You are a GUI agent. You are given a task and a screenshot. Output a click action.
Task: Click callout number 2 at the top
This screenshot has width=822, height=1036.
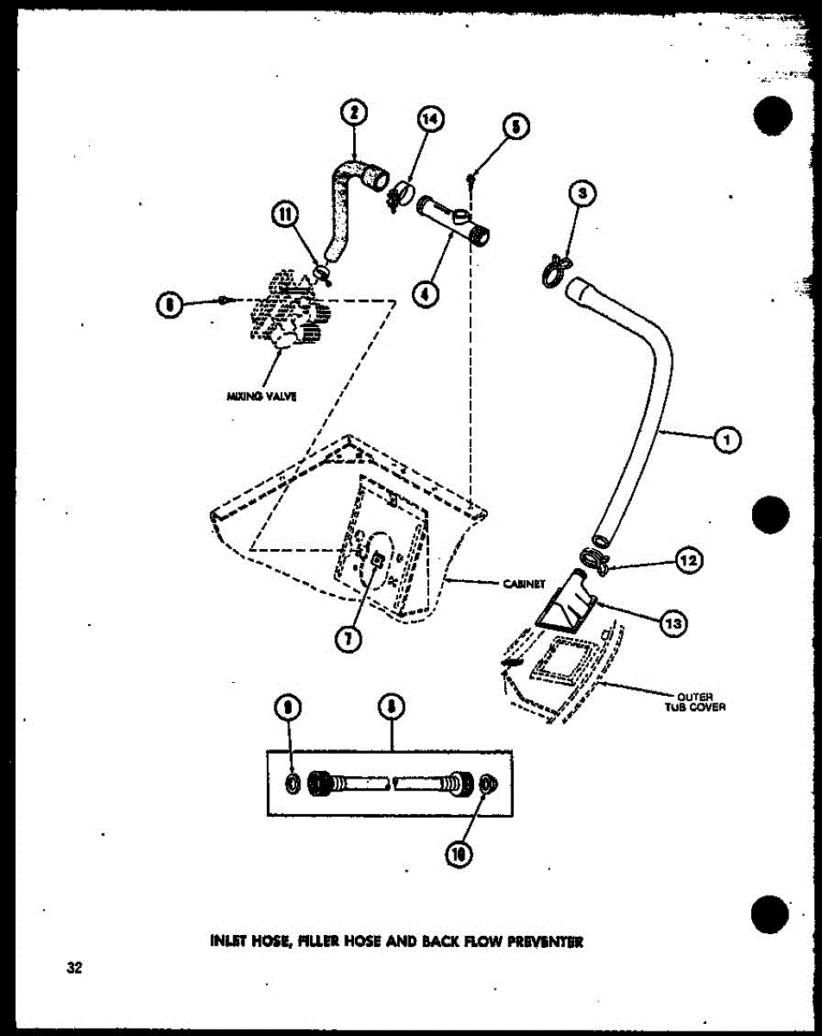(x=354, y=112)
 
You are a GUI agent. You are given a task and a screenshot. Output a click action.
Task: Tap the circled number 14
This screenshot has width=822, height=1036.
(x=431, y=120)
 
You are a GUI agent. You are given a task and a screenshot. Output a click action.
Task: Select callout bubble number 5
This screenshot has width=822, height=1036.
(x=514, y=127)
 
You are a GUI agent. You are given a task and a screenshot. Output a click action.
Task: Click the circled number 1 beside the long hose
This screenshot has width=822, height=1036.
(x=727, y=440)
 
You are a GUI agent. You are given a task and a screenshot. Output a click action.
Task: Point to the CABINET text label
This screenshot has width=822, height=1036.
(x=522, y=583)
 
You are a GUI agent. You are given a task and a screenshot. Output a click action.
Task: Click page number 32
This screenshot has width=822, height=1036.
(x=74, y=968)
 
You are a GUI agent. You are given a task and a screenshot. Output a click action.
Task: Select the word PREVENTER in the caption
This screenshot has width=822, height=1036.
(x=546, y=941)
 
